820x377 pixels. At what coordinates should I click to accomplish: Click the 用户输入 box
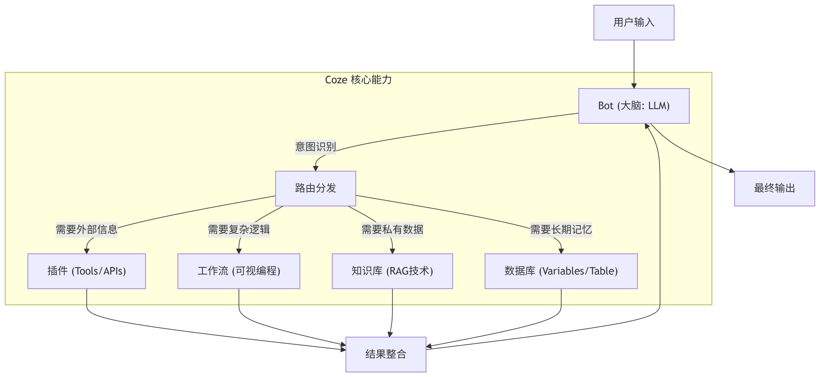(634, 22)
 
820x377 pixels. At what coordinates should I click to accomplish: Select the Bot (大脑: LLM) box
(634, 106)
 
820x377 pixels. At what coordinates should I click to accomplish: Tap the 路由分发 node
(316, 188)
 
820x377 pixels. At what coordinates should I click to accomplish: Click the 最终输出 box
(774, 188)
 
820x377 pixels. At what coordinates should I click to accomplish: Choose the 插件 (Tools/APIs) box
(86, 271)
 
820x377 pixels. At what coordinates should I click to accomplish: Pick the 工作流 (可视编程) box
(239, 271)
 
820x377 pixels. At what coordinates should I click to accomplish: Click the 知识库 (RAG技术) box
(392, 271)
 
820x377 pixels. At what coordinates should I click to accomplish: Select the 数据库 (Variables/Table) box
(561, 271)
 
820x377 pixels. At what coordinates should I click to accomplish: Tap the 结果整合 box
(386, 354)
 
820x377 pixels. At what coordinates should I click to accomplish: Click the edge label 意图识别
(316, 147)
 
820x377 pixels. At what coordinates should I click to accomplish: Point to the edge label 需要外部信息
(86, 229)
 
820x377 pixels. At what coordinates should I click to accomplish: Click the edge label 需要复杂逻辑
(239, 229)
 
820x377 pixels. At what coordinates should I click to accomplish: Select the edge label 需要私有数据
(392, 229)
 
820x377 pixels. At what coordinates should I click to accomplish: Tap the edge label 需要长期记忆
(561, 229)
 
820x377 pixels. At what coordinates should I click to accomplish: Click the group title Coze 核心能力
(358, 80)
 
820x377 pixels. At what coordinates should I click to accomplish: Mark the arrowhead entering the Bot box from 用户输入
(634, 86)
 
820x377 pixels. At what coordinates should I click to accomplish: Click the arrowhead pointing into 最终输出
(732, 170)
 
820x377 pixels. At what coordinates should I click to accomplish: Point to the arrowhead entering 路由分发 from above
(316, 168)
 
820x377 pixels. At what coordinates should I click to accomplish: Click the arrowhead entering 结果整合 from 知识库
(390, 334)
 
